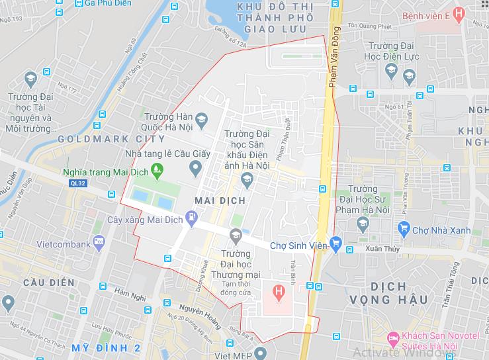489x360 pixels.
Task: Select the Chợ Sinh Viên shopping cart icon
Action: pos(335,244)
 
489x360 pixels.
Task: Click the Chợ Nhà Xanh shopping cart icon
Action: pos(403,229)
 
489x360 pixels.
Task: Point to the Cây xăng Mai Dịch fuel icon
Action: pos(192,216)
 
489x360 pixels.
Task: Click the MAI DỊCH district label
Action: pos(220,200)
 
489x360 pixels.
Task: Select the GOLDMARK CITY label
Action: pos(111,139)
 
